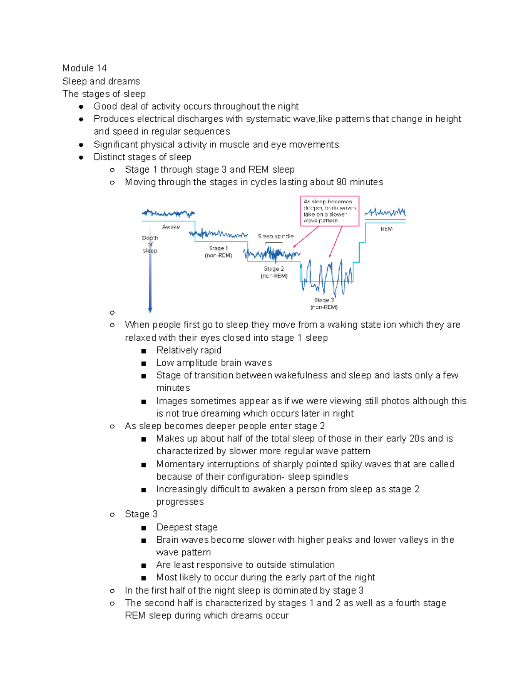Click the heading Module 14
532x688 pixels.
click(84, 68)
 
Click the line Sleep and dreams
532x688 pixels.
click(101, 81)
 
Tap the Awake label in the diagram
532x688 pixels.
click(171, 227)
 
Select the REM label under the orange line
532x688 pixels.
click(386, 229)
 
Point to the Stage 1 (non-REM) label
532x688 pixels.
click(218, 252)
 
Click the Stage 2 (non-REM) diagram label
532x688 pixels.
click(274, 272)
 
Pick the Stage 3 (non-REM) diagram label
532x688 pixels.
click(324, 303)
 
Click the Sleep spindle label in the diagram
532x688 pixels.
click(275, 237)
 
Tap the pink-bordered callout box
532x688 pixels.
click(329, 211)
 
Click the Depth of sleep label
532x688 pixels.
click(150, 244)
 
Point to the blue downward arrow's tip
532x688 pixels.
click(150, 311)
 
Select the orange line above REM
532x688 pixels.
click(385, 220)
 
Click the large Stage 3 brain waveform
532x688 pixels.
click(327, 277)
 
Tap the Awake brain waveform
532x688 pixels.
click(168, 214)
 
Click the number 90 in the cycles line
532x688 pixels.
click(341, 182)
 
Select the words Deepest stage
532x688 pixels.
click(187, 527)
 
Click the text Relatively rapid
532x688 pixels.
click(188, 350)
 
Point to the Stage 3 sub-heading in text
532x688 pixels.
click(141, 514)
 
